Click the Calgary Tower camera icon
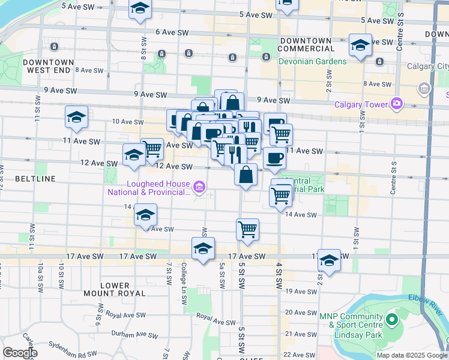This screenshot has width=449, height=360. tap(397, 104)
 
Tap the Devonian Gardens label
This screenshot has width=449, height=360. tap(312, 61)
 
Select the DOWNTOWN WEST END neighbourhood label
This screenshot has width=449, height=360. tap(49, 66)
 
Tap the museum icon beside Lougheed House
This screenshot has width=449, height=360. tap(200, 189)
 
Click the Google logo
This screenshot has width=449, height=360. tap(20, 353)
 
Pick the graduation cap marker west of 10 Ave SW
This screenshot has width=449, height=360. tap(76, 118)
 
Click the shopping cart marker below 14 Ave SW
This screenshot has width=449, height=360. tap(247, 230)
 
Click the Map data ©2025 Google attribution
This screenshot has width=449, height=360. tap(411, 355)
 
